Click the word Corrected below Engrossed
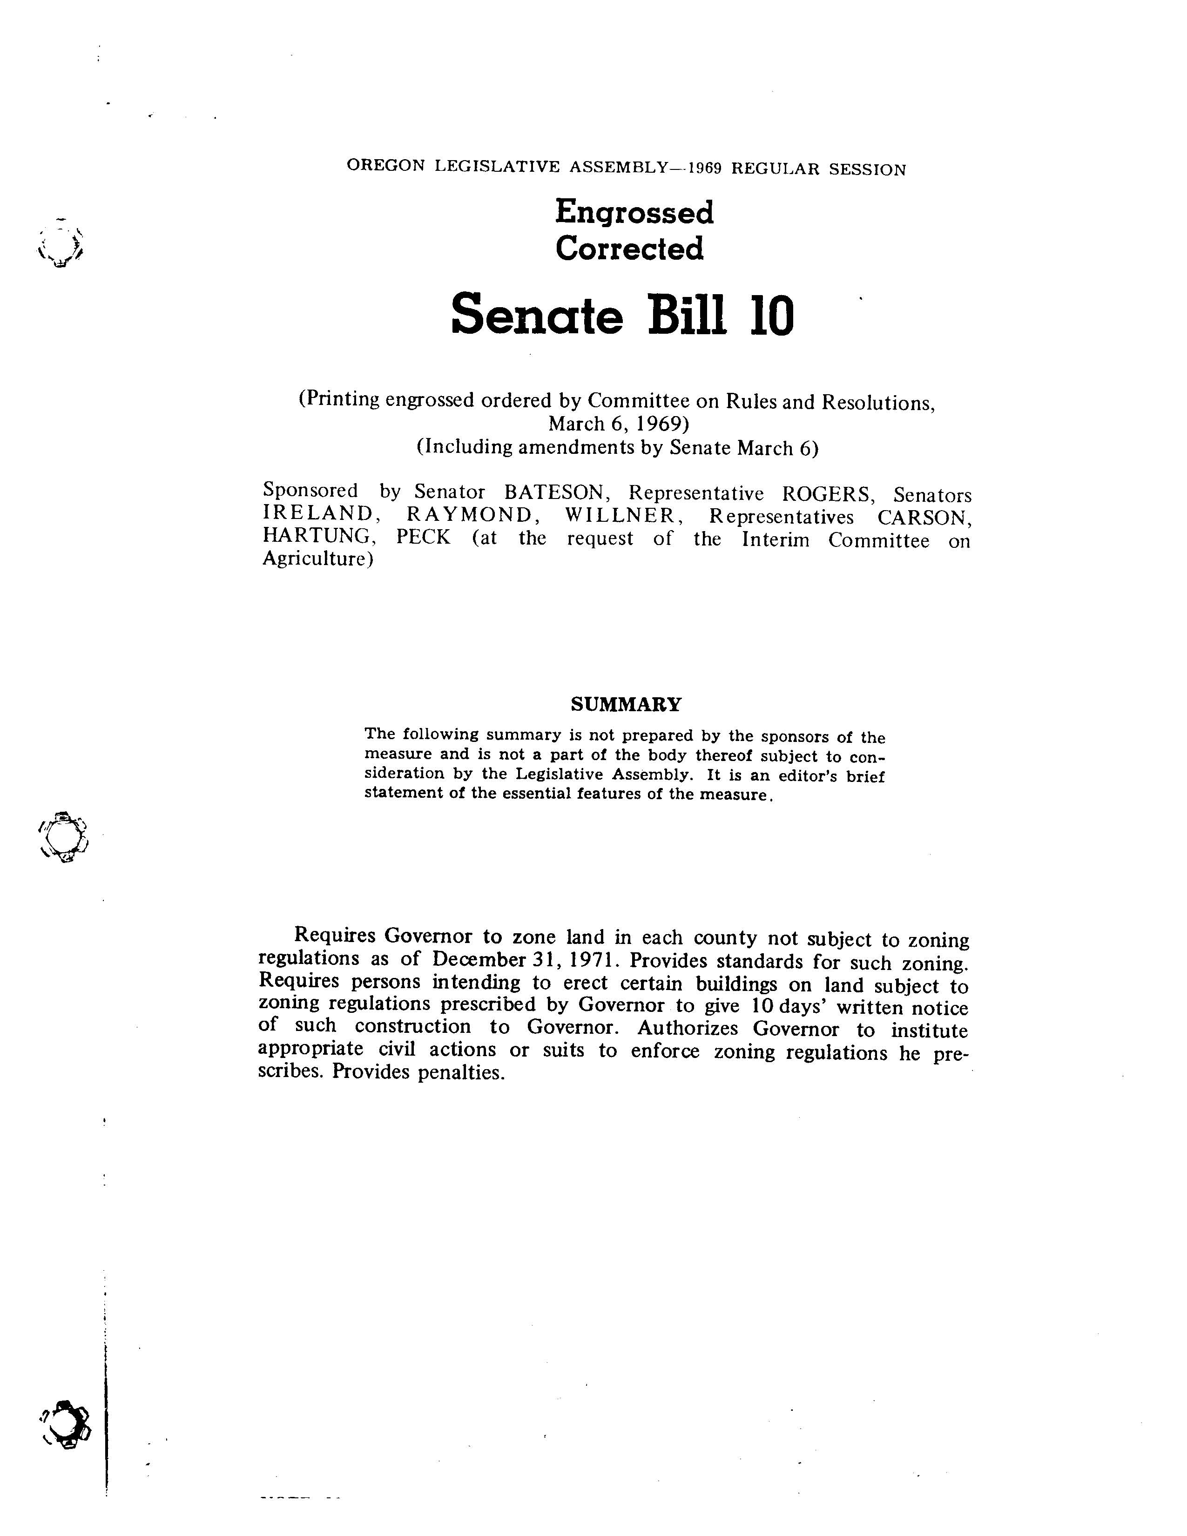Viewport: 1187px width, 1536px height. pyautogui.click(x=629, y=249)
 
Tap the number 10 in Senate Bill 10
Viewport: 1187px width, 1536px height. pyautogui.click(x=771, y=316)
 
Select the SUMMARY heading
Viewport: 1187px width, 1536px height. pyautogui.click(x=625, y=704)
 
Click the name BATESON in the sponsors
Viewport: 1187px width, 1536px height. pyautogui.click(x=553, y=492)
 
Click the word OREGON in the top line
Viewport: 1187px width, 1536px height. pyautogui.click(x=386, y=166)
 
